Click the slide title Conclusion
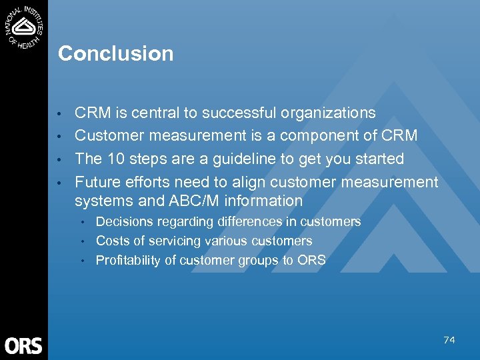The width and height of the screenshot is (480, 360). click(x=115, y=53)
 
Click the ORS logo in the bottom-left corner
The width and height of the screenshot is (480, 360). click(x=23, y=345)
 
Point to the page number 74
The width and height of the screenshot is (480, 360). click(x=449, y=340)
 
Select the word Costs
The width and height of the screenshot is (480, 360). click(x=111, y=241)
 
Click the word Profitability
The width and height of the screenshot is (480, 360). click(x=128, y=260)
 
